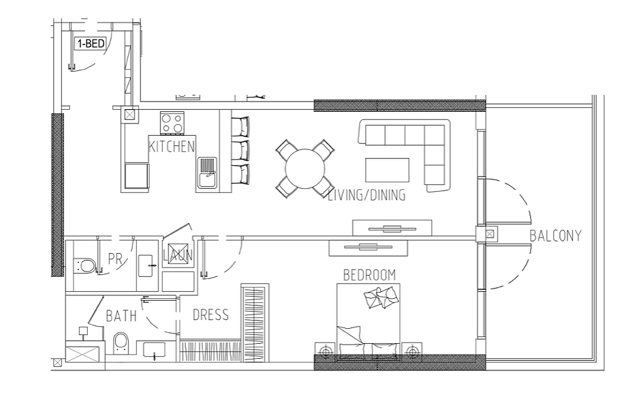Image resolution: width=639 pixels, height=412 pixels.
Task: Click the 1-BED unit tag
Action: (x=91, y=43)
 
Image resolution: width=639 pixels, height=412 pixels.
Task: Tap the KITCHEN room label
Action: (x=172, y=147)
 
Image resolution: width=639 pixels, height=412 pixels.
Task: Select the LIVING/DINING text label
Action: (x=367, y=195)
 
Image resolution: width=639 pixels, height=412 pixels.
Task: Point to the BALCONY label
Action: (x=555, y=236)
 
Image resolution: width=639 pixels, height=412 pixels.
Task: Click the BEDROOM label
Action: (x=369, y=275)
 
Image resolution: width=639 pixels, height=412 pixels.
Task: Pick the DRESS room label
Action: (x=211, y=315)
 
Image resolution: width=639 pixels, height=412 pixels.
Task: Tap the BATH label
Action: (x=121, y=316)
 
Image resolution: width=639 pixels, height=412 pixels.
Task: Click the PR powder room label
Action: (x=115, y=259)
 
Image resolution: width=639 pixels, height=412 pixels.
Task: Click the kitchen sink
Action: (x=208, y=173)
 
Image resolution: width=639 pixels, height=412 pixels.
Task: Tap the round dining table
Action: (x=305, y=168)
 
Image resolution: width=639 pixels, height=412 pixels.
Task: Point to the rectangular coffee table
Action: (x=387, y=170)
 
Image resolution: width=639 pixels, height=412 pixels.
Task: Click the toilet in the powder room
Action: (x=85, y=265)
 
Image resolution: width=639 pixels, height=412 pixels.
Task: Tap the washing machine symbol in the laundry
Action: (x=178, y=254)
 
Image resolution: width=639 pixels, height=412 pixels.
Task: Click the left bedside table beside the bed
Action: (x=325, y=351)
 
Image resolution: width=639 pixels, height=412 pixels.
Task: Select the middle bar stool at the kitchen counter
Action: (x=240, y=151)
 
